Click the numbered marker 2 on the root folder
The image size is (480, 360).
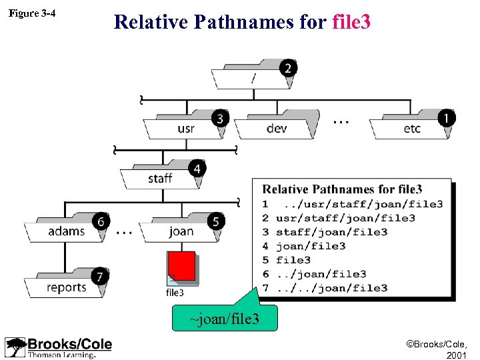(287, 68)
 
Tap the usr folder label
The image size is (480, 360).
(186, 128)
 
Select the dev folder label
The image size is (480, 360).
(277, 128)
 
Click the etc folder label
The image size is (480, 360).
(412, 128)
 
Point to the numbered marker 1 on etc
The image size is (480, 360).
(446, 118)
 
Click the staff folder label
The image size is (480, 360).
(160, 178)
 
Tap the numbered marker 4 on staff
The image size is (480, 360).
(196, 169)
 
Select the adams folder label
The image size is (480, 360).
(67, 231)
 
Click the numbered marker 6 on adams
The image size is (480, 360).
(100, 221)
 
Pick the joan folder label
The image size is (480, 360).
(181, 231)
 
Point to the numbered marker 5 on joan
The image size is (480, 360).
(217, 221)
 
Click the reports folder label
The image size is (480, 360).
(67, 287)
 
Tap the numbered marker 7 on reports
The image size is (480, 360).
(100, 276)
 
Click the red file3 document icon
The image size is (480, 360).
(182, 267)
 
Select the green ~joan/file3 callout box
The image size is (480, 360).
(224, 319)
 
